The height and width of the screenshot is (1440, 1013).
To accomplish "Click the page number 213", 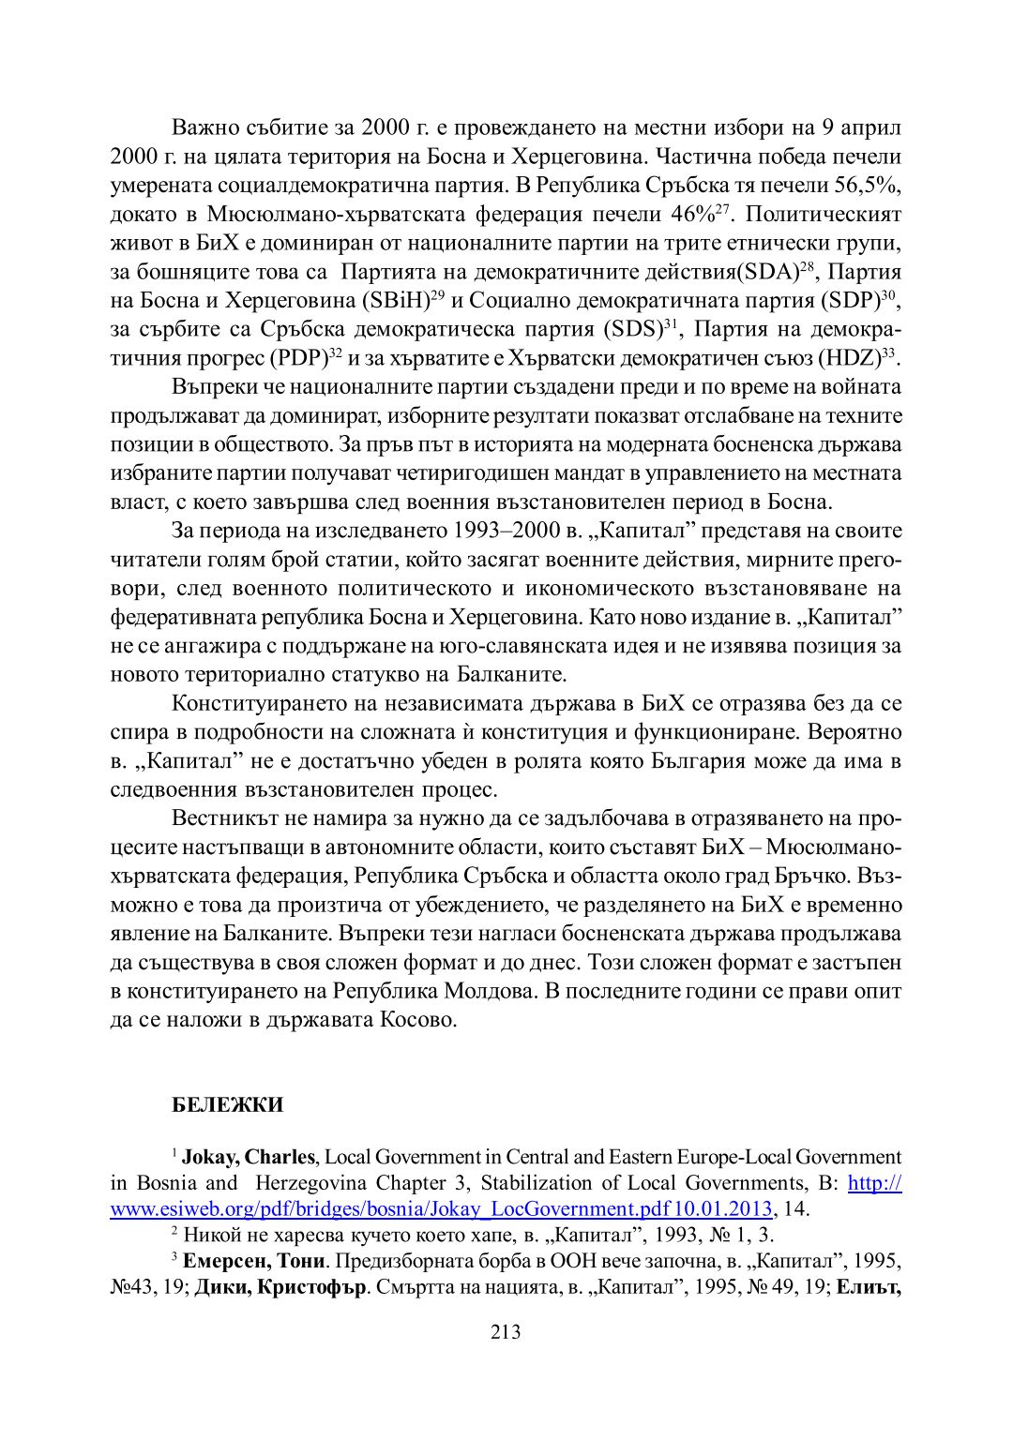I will tap(506, 1332).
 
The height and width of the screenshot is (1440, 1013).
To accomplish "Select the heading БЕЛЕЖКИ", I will tap(228, 1104).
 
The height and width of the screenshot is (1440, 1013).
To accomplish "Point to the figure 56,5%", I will tap(867, 185).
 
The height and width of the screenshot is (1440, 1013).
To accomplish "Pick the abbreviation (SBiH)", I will tap(395, 301).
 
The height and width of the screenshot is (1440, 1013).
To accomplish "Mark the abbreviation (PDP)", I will tap(298, 358).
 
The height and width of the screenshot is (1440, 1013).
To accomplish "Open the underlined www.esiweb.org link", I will tap(441, 1208).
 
